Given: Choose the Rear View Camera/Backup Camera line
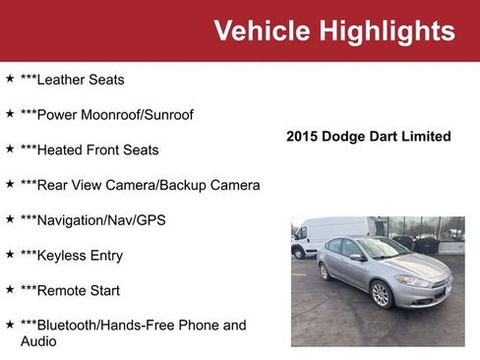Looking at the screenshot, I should [140, 185].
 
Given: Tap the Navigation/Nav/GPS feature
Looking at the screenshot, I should [92, 220].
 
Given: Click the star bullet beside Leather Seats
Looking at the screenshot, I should [10, 78].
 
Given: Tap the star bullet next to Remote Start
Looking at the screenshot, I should [10, 290].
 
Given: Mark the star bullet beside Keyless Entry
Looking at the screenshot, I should [10, 255].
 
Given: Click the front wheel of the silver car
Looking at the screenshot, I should [381, 294].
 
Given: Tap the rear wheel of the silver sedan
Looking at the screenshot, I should [325, 271].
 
